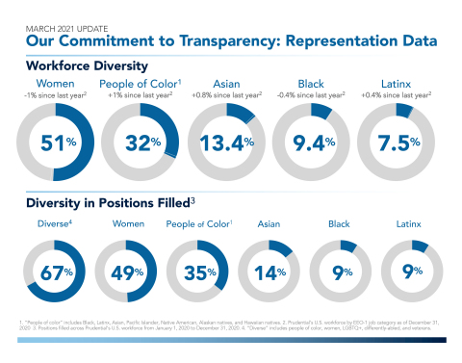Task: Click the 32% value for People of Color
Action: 143,143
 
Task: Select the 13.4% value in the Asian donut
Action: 229,143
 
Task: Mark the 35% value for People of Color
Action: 200,272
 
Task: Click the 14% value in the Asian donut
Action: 270,272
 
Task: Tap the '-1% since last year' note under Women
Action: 58,96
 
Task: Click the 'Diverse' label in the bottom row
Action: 55,224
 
